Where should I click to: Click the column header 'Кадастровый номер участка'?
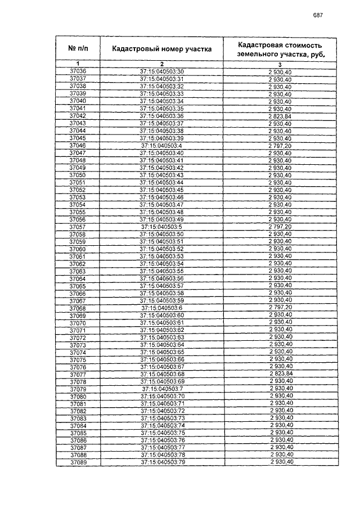[x=161, y=49]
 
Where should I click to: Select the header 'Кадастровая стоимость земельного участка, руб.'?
[x=280, y=49]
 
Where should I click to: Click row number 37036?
[x=78, y=71]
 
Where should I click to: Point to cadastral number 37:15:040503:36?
[x=162, y=116]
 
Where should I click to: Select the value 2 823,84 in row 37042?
[x=280, y=116]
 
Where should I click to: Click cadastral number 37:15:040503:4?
[x=162, y=146]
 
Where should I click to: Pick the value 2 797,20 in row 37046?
[x=280, y=146]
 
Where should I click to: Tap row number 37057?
[x=78, y=227]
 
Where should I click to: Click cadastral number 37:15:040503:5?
[x=162, y=227]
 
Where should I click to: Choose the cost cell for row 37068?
[x=280, y=308]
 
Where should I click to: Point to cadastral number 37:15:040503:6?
[x=162, y=308]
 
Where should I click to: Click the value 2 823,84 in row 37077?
[x=281, y=374]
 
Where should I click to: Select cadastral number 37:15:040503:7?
[x=162, y=389]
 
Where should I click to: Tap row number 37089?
[x=78, y=462]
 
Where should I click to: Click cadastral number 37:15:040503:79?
[x=162, y=462]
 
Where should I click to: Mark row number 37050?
[x=78, y=175]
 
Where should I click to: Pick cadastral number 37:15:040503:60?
[x=162, y=316]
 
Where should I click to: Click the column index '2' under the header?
[x=161, y=64]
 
